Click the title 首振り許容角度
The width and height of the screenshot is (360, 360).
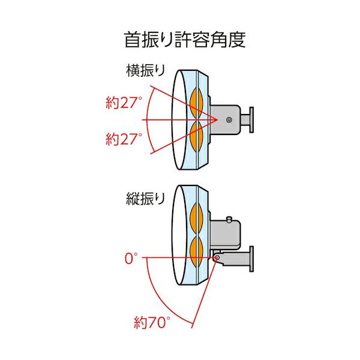(x=185, y=40)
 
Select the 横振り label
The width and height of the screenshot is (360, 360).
(x=146, y=70)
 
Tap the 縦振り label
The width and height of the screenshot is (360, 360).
(x=146, y=199)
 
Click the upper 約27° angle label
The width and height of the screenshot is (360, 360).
(x=124, y=103)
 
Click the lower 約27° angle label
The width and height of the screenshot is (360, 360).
(x=124, y=139)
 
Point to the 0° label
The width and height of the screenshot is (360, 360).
(x=131, y=258)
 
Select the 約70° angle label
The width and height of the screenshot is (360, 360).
(x=152, y=322)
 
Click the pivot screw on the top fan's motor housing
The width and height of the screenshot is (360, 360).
(x=229, y=119)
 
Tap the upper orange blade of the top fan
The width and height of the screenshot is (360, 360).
(x=197, y=103)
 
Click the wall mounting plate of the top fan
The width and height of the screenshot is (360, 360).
(x=251, y=119)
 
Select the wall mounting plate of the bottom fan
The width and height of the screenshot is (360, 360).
(x=251, y=259)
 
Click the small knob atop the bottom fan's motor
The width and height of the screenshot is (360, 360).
(x=229, y=219)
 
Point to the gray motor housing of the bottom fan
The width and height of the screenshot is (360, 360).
(x=225, y=235)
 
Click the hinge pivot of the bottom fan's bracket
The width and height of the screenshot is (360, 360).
(x=216, y=258)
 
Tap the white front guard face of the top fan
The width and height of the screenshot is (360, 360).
(x=179, y=119)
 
